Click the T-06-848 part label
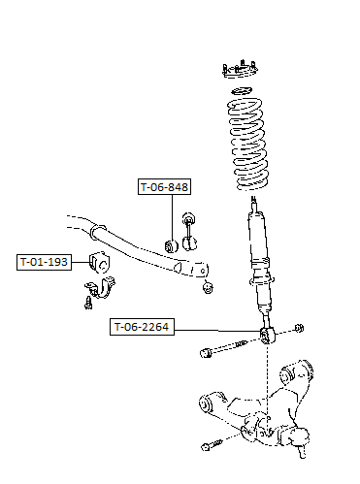point(164,187)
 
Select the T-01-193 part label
point(44,262)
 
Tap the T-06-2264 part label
point(142,327)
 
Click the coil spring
point(248,144)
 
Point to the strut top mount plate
point(240,70)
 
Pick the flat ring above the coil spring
point(242,90)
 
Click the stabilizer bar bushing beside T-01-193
point(99,263)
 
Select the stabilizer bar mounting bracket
point(101,287)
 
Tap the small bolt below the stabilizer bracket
point(87,303)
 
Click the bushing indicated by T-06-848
point(172,246)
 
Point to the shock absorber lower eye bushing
point(268,336)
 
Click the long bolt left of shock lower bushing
point(223,348)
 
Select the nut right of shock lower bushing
point(300,328)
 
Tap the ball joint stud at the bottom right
point(302,450)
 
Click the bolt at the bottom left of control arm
point(212,445)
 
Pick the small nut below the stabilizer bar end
point(208,287)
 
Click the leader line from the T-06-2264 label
point(217,331)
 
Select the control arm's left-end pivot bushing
point(206,404)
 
